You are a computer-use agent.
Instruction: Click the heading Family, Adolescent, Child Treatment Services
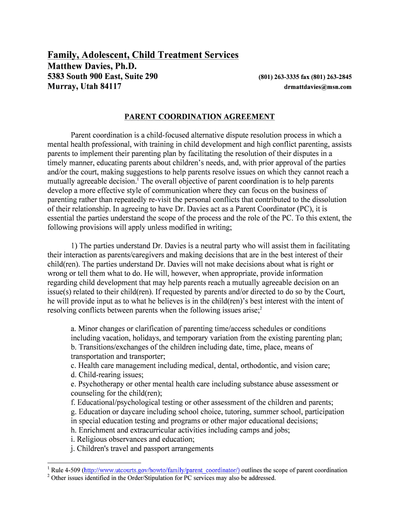click(143, 55)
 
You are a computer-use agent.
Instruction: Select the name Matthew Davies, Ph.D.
click(93, 66)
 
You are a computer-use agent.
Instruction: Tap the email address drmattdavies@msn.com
click(317, 87)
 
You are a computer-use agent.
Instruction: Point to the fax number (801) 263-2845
click(331, 77)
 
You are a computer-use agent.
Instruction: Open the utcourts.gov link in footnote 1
click(161, 470)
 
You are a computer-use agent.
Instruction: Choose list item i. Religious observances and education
click(132, 439)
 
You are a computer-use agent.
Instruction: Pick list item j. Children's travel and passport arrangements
click(142, 448)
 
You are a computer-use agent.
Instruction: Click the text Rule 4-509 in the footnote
click(66, 470)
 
